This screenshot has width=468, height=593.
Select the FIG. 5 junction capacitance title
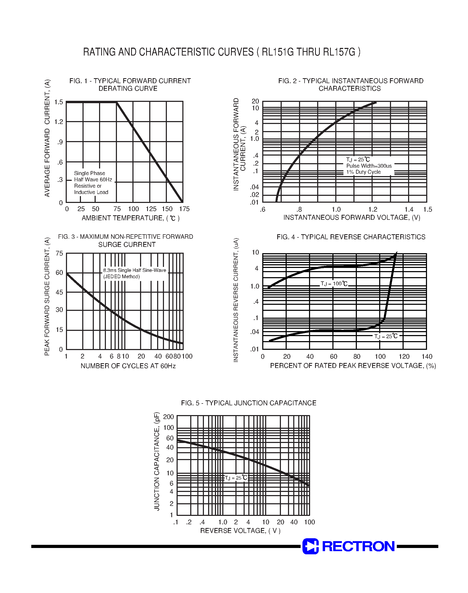249,403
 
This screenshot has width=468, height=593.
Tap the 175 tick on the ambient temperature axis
184,209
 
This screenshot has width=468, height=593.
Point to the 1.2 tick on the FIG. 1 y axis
59,122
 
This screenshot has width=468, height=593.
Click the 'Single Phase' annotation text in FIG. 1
90,173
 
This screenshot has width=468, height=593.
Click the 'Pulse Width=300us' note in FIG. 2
369,166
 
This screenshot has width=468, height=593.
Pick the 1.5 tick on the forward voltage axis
428,210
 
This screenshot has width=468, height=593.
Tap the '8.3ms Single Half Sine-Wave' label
135,270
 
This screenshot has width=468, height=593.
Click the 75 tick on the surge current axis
59,253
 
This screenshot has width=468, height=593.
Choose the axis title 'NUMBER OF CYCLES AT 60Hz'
128,366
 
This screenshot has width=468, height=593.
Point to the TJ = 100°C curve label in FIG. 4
334,284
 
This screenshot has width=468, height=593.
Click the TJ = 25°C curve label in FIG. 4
386,336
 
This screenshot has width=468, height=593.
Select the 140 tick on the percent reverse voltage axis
427,357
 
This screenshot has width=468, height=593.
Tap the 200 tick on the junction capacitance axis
168,417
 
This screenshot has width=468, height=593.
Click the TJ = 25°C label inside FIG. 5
236,478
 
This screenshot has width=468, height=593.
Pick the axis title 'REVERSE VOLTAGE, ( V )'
240,531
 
